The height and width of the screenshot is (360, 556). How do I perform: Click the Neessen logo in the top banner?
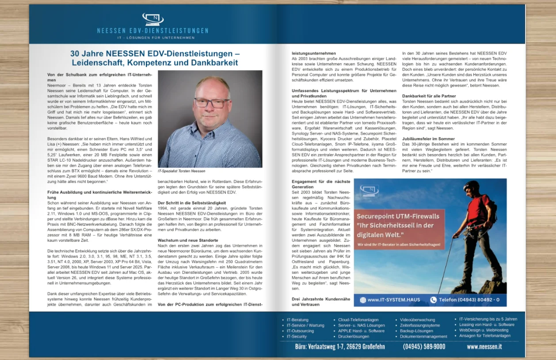coord(152,19)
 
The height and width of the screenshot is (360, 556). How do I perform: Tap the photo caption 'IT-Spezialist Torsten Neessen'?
coord(182,171)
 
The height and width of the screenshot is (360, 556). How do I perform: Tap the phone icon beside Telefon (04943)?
coord(433,299)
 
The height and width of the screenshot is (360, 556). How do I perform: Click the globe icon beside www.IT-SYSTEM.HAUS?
coord(363,300)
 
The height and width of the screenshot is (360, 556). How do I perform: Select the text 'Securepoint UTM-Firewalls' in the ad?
coord(398,216)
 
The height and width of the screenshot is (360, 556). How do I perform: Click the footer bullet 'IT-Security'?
coord(297,337)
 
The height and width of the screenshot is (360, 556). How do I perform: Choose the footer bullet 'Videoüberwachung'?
coord(417,320)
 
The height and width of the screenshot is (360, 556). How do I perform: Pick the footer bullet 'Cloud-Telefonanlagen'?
coord(358,320)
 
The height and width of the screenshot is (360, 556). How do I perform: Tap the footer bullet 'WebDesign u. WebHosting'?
coord(484,330)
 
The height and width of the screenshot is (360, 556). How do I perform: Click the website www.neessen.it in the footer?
coord(484,347)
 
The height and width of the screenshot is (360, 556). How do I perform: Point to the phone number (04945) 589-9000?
coord(424,347)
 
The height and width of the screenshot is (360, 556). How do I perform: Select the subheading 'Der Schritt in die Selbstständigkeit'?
coord(192,203)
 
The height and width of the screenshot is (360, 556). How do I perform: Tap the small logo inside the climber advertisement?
coord(369,190)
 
